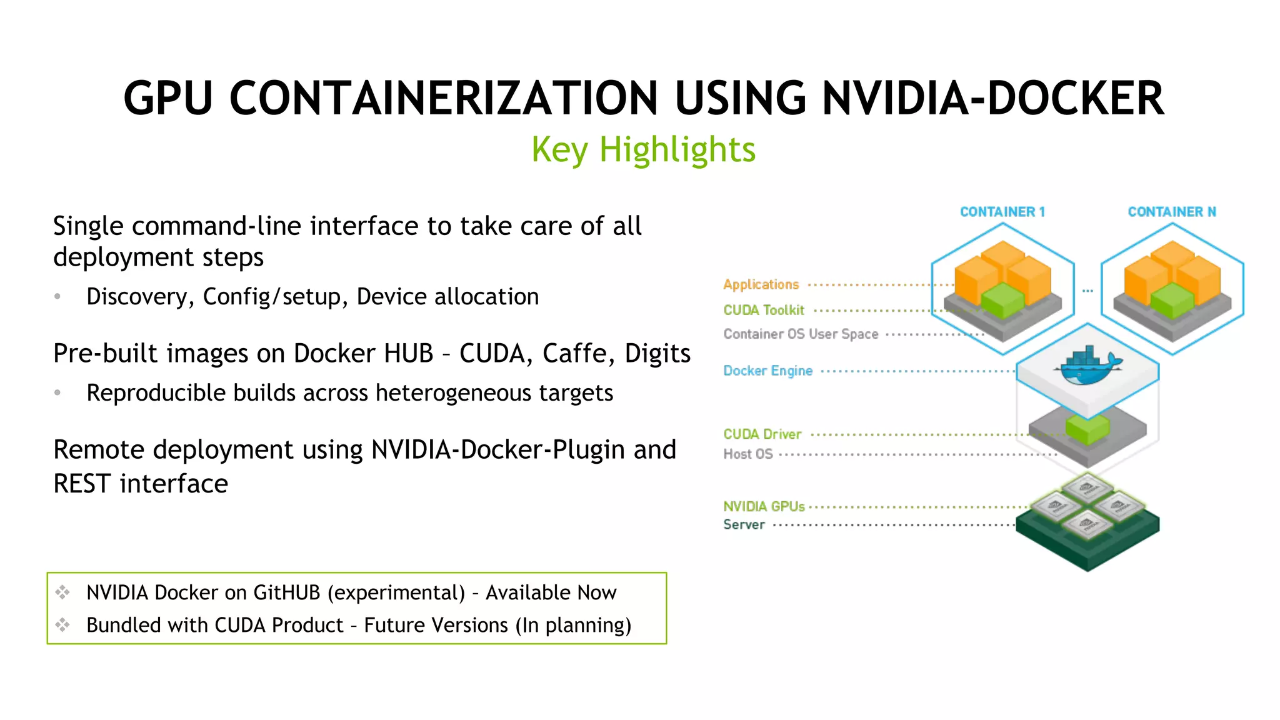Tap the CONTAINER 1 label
(x=1002, y=212)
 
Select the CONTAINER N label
(x=1172, y=212)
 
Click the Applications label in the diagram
(x=761, y=284)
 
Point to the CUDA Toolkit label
(x=764, y=310)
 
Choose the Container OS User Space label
(x=801, y=334)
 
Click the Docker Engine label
(x=767, y=371)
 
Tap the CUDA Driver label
(x=762, y=434)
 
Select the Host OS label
(x=747, y=454)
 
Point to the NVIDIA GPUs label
(x=764, y=506)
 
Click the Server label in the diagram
(x=744, y=524)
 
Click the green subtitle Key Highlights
(x=643, y=150)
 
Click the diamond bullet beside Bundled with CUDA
(x=62, y=624)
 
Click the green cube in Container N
(x=1172, y=299)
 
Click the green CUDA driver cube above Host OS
(x=1087, y=429)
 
